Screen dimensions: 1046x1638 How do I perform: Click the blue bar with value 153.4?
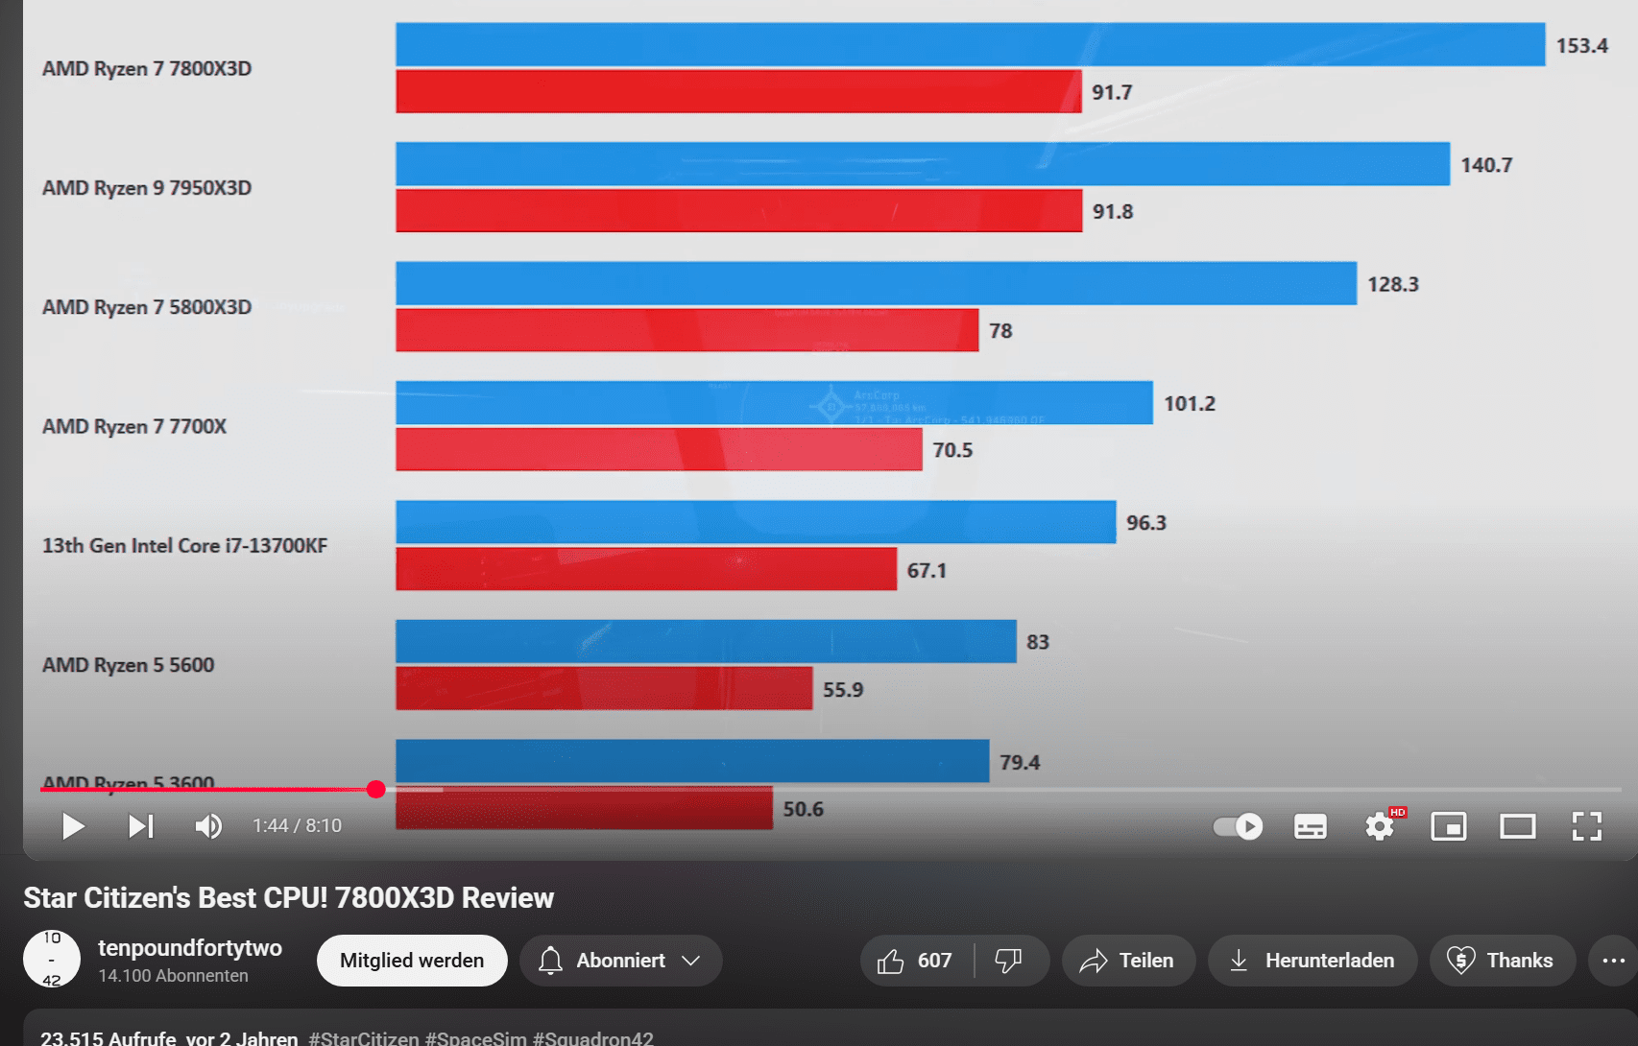click(970, 45)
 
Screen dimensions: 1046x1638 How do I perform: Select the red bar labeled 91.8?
click(738, 211)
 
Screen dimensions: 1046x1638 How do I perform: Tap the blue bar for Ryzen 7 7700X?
click(774, 403)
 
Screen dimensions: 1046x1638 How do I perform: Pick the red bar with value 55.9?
click(604, 689)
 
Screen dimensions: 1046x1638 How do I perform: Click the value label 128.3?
click(1392, 284)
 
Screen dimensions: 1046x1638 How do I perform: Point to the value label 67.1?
click(927, 570)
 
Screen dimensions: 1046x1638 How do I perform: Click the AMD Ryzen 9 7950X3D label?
click(147, 188)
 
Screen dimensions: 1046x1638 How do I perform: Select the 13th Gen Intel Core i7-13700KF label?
click(184, 546)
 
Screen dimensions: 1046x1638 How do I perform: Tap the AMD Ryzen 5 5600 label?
click(128, 665)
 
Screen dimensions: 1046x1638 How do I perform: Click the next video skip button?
click(141, 826)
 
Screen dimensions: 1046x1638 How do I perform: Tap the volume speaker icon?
click(208, 826)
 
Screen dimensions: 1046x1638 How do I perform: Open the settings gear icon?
click(1380, 826)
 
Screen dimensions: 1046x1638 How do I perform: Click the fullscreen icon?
click(1586, 826)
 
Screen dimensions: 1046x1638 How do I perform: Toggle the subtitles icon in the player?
click(1310, 826)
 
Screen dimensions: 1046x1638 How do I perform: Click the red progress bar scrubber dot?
click(376, 789)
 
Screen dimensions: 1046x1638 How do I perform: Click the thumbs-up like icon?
click(891, 961)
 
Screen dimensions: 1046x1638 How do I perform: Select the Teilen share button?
click(1128, 961)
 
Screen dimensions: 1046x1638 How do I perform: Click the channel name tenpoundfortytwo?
click(190, 948)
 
